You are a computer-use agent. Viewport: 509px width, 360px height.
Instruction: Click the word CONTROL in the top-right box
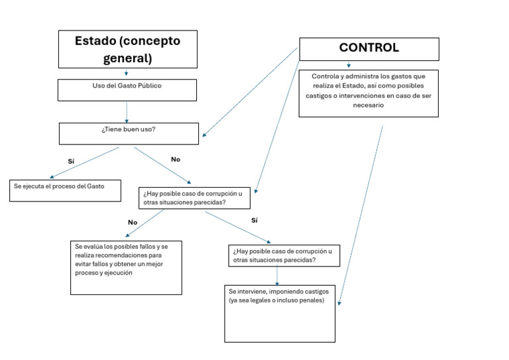(x=368, y=48)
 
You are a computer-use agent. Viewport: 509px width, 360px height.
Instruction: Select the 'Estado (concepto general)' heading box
(x=127, y=49)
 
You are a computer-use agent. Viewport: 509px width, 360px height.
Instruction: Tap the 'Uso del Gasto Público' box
(x=127, y=90)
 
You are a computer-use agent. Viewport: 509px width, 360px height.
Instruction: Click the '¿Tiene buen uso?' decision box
(x=129, y=133)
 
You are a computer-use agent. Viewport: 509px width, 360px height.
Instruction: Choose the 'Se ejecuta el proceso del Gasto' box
(x=66, y=190)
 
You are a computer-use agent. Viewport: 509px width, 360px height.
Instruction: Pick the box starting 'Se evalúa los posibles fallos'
(x=126, y=267)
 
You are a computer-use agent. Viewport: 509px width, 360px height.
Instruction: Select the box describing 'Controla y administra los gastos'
(x=368, y=93)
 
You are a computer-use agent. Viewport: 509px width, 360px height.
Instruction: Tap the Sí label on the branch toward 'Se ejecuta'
(x=71, y=161)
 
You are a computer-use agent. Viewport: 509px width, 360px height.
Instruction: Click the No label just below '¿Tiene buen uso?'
(x=176, y=159)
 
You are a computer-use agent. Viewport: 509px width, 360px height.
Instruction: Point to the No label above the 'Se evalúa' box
(x=133, y=223)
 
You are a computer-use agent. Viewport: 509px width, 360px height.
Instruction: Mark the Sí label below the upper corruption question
(x=254, y=220)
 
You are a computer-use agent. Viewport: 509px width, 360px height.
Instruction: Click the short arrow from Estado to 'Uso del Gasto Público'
(x=127, y=74)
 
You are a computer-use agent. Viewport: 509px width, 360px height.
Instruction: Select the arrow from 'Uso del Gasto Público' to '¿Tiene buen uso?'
(x=127, y=112)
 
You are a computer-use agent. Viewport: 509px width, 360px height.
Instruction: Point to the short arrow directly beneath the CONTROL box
(x=349, y=65)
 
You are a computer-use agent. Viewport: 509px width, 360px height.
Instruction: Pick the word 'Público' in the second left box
(x=150, y=86)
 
